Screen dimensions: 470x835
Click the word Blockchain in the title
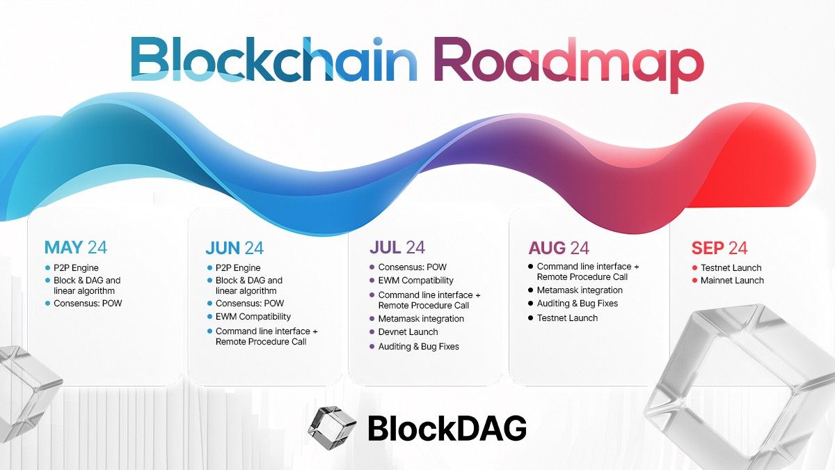[x=273, y=59]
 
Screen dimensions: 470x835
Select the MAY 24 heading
[x=75, y=247]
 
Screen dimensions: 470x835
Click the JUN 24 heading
[x=234, y=248]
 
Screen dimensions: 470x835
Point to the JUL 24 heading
[x=397, y=247]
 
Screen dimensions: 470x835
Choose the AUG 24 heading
[x=558, y=248]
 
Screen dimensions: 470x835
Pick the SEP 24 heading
[x=719, y=248]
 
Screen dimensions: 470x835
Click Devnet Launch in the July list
[x=408, y=332]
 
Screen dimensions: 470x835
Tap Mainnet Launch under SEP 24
[x=733, y=281]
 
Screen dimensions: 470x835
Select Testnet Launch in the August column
[x=567, y=318]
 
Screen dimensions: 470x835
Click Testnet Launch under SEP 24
[x=731, y=268]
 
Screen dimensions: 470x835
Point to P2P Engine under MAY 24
[x=77, y=268]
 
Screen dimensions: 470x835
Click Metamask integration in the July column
[x=421, y=318]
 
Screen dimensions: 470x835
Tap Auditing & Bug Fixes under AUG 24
[x=577, y=304]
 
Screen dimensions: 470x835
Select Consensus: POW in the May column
[x=87, y=304]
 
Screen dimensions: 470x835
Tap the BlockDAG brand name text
[x=447, y=428]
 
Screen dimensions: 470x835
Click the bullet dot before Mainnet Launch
[x=694, y=281]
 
